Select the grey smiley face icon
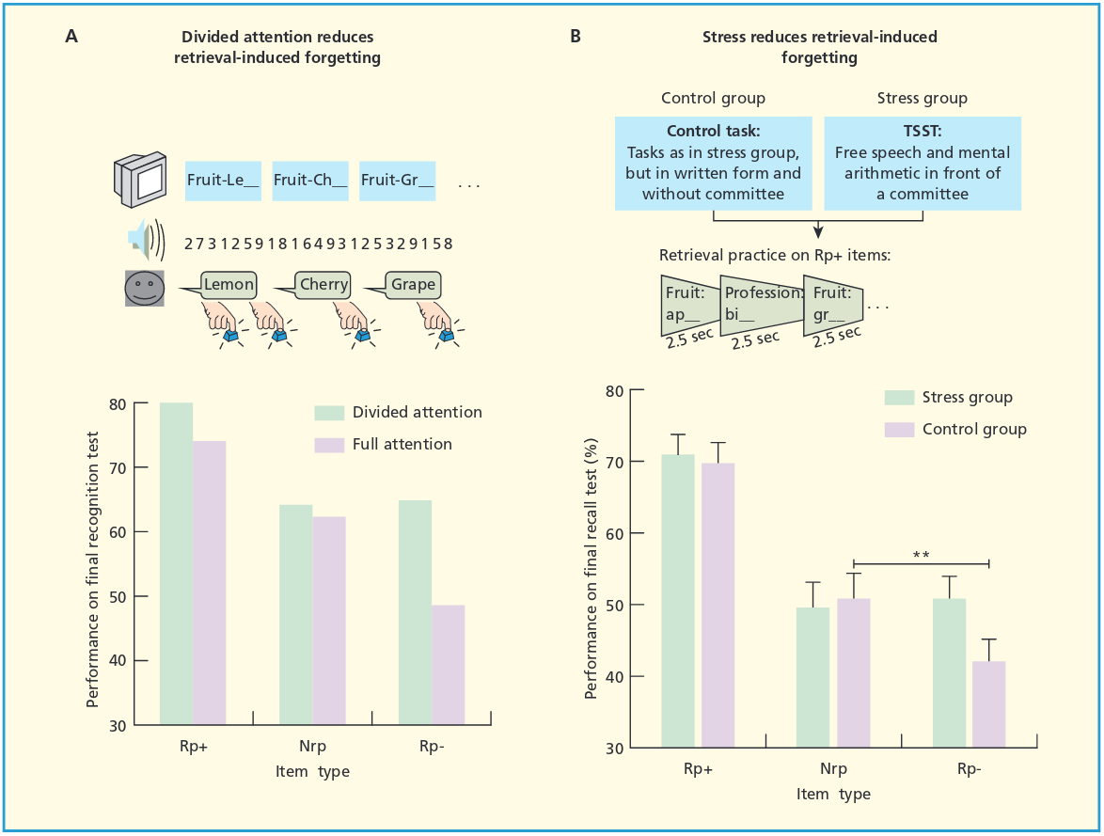point(145,289)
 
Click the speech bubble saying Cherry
point(323,284)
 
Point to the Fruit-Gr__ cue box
point(398,180)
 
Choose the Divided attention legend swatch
point(329,412)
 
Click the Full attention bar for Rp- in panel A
point(448,665)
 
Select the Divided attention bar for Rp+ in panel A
point(176,563)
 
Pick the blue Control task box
point(714,163)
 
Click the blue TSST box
point(923,163)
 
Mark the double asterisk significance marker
point(922,556)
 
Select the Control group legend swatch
point(900,429)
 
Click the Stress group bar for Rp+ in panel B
point(678,601)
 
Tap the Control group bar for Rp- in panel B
point(988,704)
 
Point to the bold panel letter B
point(576,37)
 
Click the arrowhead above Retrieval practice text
point(818,231)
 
